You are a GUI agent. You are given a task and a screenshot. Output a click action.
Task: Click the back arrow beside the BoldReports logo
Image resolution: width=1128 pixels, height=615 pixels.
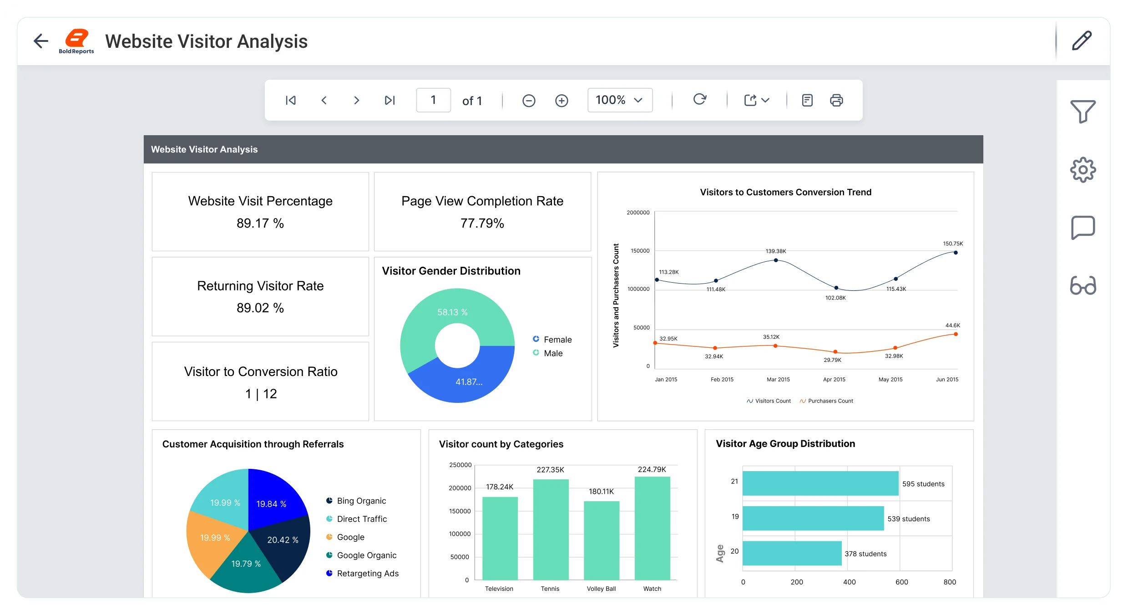41,41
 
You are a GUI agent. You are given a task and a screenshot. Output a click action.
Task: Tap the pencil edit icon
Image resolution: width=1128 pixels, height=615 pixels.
1082,41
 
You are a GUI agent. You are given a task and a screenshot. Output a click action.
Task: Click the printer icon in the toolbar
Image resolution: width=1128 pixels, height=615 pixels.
836,100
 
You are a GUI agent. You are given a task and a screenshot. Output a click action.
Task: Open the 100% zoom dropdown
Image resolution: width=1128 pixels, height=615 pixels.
619,100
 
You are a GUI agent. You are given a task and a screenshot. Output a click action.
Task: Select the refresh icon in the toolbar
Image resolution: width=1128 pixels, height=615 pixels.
699,99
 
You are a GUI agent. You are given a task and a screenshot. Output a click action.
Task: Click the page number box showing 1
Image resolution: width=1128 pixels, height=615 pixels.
433,100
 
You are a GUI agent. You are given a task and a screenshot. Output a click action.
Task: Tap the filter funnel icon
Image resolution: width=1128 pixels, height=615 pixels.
1082,112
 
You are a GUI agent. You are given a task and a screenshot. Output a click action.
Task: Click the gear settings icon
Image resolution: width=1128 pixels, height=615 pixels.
1082,170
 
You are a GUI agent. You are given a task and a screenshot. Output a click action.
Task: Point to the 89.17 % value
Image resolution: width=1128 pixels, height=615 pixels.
260,223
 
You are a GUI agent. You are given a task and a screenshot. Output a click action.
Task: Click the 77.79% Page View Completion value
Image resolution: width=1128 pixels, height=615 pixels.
482,223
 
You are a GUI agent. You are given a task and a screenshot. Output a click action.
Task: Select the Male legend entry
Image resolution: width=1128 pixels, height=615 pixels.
552,353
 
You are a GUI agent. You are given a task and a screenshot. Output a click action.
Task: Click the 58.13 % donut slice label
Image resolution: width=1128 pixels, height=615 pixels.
452,312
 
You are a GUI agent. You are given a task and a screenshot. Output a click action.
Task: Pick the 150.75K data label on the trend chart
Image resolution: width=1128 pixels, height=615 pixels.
952,244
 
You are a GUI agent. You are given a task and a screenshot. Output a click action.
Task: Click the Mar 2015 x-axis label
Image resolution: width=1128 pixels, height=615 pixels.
778,379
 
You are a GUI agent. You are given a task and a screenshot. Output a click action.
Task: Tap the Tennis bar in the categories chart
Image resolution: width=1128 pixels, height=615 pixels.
551,528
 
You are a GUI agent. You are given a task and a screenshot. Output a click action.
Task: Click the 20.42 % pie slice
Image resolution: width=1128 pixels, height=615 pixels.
283,540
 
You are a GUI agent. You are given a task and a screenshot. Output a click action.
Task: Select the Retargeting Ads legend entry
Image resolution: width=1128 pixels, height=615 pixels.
367,574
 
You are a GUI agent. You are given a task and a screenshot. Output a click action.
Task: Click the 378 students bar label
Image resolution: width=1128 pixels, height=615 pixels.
865,554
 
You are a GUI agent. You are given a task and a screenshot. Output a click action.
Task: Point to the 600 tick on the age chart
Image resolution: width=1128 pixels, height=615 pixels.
901,582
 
